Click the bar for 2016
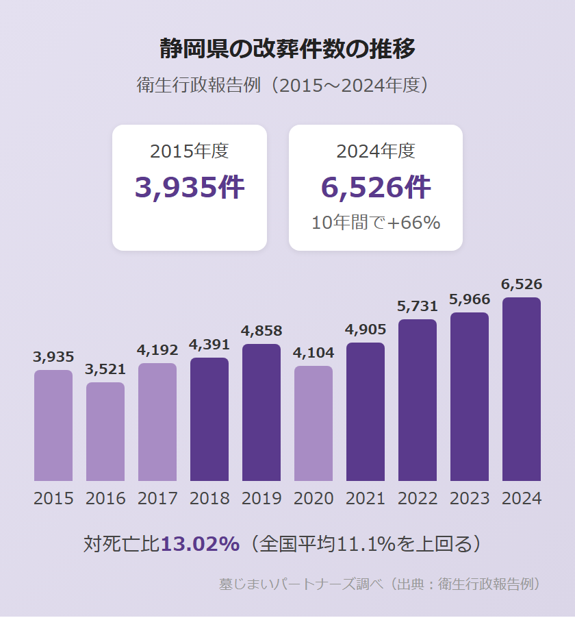coord(105,432)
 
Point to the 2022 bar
coord(418,400)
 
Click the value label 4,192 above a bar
coord(157,350)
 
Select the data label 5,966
coord(470,299)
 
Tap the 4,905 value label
coord(366,330)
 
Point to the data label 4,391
coord(209,345)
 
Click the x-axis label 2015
coord(53,498)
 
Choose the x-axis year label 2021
coord(366,498)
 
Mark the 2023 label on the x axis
coord(470,498)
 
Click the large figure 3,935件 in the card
coord(190,187)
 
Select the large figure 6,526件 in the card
coord(376,187)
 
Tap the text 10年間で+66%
coord(376,223)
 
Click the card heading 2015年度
coord(190,151)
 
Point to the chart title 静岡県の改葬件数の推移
coord(287,49)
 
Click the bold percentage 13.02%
coord(200,544)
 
